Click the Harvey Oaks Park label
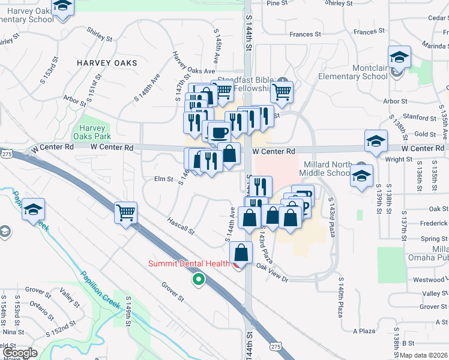92,132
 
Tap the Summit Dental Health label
189,263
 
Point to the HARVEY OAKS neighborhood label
107,63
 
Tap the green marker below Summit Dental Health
198,279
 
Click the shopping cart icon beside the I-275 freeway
126,212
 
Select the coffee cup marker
219,131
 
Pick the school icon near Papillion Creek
34,209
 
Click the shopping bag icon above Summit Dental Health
241,253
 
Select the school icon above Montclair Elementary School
399,58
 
